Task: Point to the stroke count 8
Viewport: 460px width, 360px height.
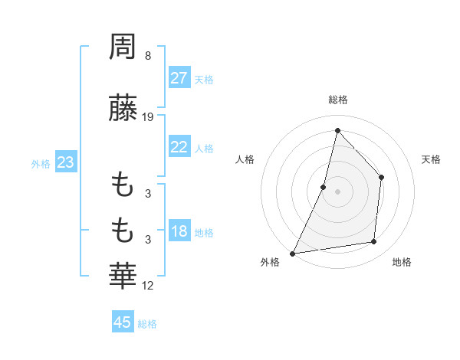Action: (147, 56)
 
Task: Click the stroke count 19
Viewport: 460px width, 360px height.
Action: (149, 117)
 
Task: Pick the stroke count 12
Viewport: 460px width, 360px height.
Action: (149, 286)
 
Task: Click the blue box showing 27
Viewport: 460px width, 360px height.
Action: (179, 78)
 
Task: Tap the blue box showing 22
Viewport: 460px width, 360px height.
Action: (179, 147)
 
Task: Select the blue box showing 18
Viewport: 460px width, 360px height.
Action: (179, 232)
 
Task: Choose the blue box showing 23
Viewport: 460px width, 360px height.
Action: (65, 162)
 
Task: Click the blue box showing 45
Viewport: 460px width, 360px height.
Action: (123, 322)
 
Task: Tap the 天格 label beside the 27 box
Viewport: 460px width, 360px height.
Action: (204, 80)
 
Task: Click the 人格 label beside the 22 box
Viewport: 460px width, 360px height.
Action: (204, 149)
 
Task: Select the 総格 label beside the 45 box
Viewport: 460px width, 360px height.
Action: (147, 324)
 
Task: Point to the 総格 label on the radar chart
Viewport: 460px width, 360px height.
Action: (337, 100)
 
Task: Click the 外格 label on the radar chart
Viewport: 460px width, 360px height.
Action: (270, 262)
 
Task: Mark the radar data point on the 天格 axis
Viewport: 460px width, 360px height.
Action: (381, 178)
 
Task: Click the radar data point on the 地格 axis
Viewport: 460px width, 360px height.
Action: (374, 242)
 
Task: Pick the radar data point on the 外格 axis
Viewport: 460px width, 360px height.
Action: (292, 254)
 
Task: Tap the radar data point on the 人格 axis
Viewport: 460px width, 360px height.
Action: (324, 187)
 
